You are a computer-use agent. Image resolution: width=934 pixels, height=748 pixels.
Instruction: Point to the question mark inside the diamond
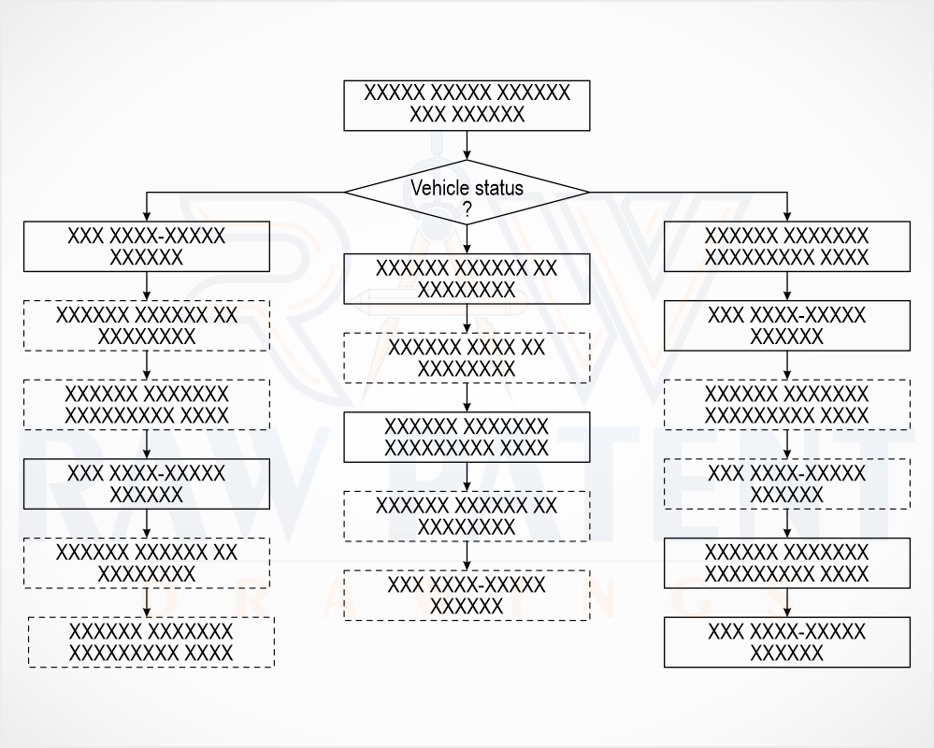pos(467,209)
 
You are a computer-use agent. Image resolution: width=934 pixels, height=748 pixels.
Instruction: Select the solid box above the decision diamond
pos(467,106)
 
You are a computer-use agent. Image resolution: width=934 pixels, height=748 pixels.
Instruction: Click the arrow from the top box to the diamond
pos(467,145)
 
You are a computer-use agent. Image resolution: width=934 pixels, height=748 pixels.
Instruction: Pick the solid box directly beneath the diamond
pos(467,279)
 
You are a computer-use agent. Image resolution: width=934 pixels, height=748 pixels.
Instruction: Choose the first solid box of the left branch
pos(147,247)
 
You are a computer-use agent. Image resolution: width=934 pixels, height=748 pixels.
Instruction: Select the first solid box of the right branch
pos(787,247)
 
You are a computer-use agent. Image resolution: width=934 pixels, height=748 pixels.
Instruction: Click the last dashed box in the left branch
pos(151,642)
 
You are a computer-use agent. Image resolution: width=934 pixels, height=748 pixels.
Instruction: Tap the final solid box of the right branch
pos(787,642)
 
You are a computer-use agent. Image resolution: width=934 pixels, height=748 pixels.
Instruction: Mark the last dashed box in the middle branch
pos(467,596)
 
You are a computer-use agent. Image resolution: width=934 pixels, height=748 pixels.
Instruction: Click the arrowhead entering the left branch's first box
pos(147,216)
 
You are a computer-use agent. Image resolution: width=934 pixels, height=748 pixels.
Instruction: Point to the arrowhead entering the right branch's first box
pos(787,216)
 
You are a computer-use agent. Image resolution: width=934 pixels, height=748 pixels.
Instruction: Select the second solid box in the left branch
pos(147,483)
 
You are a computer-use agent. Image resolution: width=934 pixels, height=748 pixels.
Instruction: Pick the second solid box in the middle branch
pos(467,438)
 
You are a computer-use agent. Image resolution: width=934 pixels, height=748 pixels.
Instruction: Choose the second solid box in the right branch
pos(787,325)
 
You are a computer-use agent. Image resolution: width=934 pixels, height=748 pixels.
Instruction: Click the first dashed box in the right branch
pos(787,404)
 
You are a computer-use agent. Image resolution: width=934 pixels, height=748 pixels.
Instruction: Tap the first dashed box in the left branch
pos(147,325)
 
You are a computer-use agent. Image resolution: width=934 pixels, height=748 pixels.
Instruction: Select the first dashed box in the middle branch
pos(467,358)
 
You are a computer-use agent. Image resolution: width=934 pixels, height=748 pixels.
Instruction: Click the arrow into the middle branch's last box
pos(467,555)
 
